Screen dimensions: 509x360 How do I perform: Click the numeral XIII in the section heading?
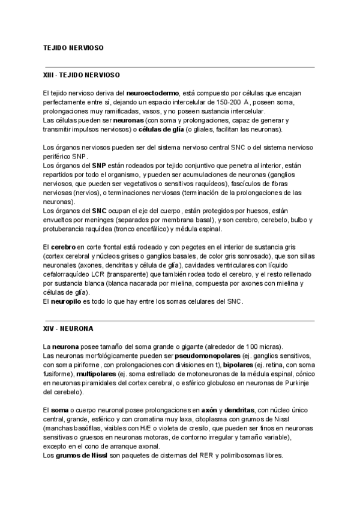(50, 76)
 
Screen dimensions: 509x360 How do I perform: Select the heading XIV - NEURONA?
(67, 330)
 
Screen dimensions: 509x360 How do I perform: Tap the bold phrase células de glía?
(161, 129)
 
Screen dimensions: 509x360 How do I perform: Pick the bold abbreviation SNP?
(99, 165)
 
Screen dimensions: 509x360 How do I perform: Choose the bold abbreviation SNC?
(99, 211)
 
